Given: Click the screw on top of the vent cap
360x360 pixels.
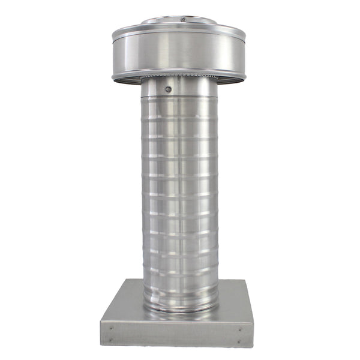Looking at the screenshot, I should click(183, 20).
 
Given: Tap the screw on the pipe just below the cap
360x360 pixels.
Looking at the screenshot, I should click(168, 89).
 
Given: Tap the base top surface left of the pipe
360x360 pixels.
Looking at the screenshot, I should click(123, 303).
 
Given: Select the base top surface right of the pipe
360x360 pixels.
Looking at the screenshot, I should click(234, 303).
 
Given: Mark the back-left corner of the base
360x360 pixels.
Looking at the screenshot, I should click(128, 280).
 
